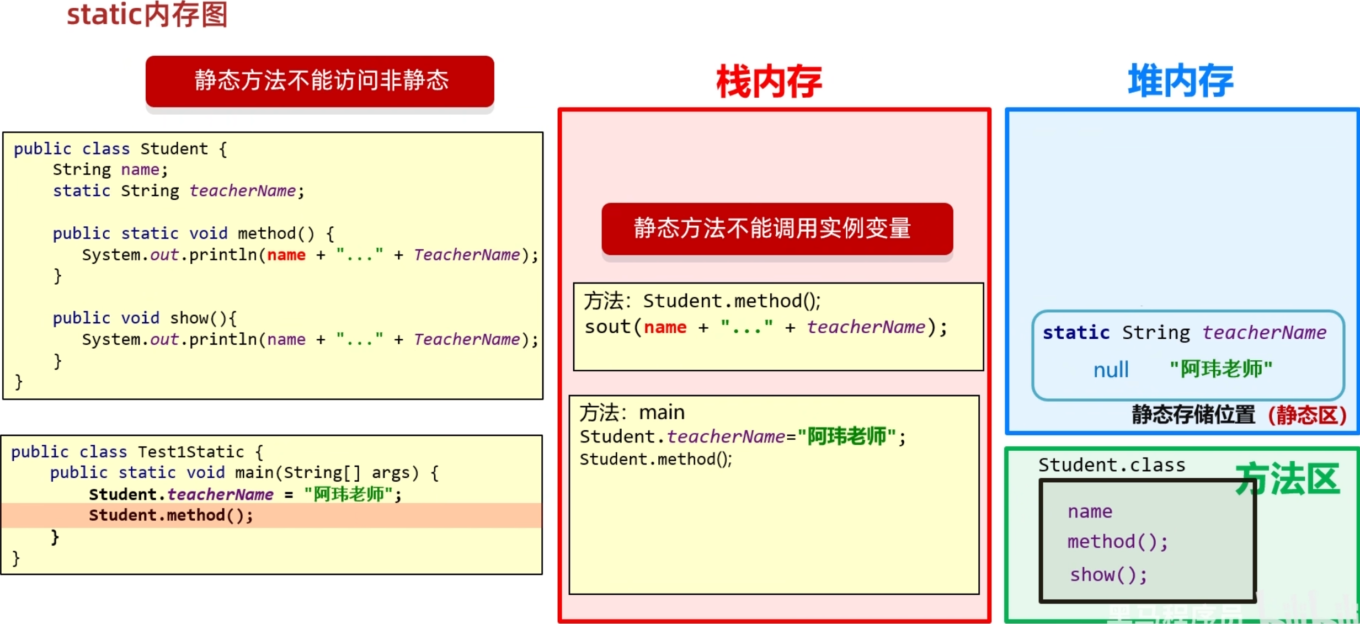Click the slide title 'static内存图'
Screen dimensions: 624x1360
point(147,14)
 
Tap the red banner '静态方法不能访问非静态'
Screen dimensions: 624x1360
point(320,81)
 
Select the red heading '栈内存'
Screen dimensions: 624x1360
point(769,82)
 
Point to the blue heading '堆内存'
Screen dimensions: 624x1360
point(1181,81)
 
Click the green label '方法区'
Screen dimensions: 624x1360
point(1288,479)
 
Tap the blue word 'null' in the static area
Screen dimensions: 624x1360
point(1111,370)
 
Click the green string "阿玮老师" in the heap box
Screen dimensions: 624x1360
point(1220,369)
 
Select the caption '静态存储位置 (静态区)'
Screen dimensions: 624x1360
point(1239,415)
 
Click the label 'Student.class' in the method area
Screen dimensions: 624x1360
point(1112,465)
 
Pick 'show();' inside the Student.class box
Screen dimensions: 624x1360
point(1108,575)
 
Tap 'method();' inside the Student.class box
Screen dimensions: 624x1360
point(1117,542)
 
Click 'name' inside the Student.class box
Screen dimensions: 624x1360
point(1090,511)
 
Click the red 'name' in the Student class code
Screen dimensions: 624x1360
point(286,255)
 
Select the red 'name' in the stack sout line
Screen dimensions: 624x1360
point(665,327)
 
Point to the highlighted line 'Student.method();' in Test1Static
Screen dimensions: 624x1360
point(171,515)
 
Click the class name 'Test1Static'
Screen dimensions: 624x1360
point(191,452)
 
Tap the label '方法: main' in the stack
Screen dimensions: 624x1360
point(632,413)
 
